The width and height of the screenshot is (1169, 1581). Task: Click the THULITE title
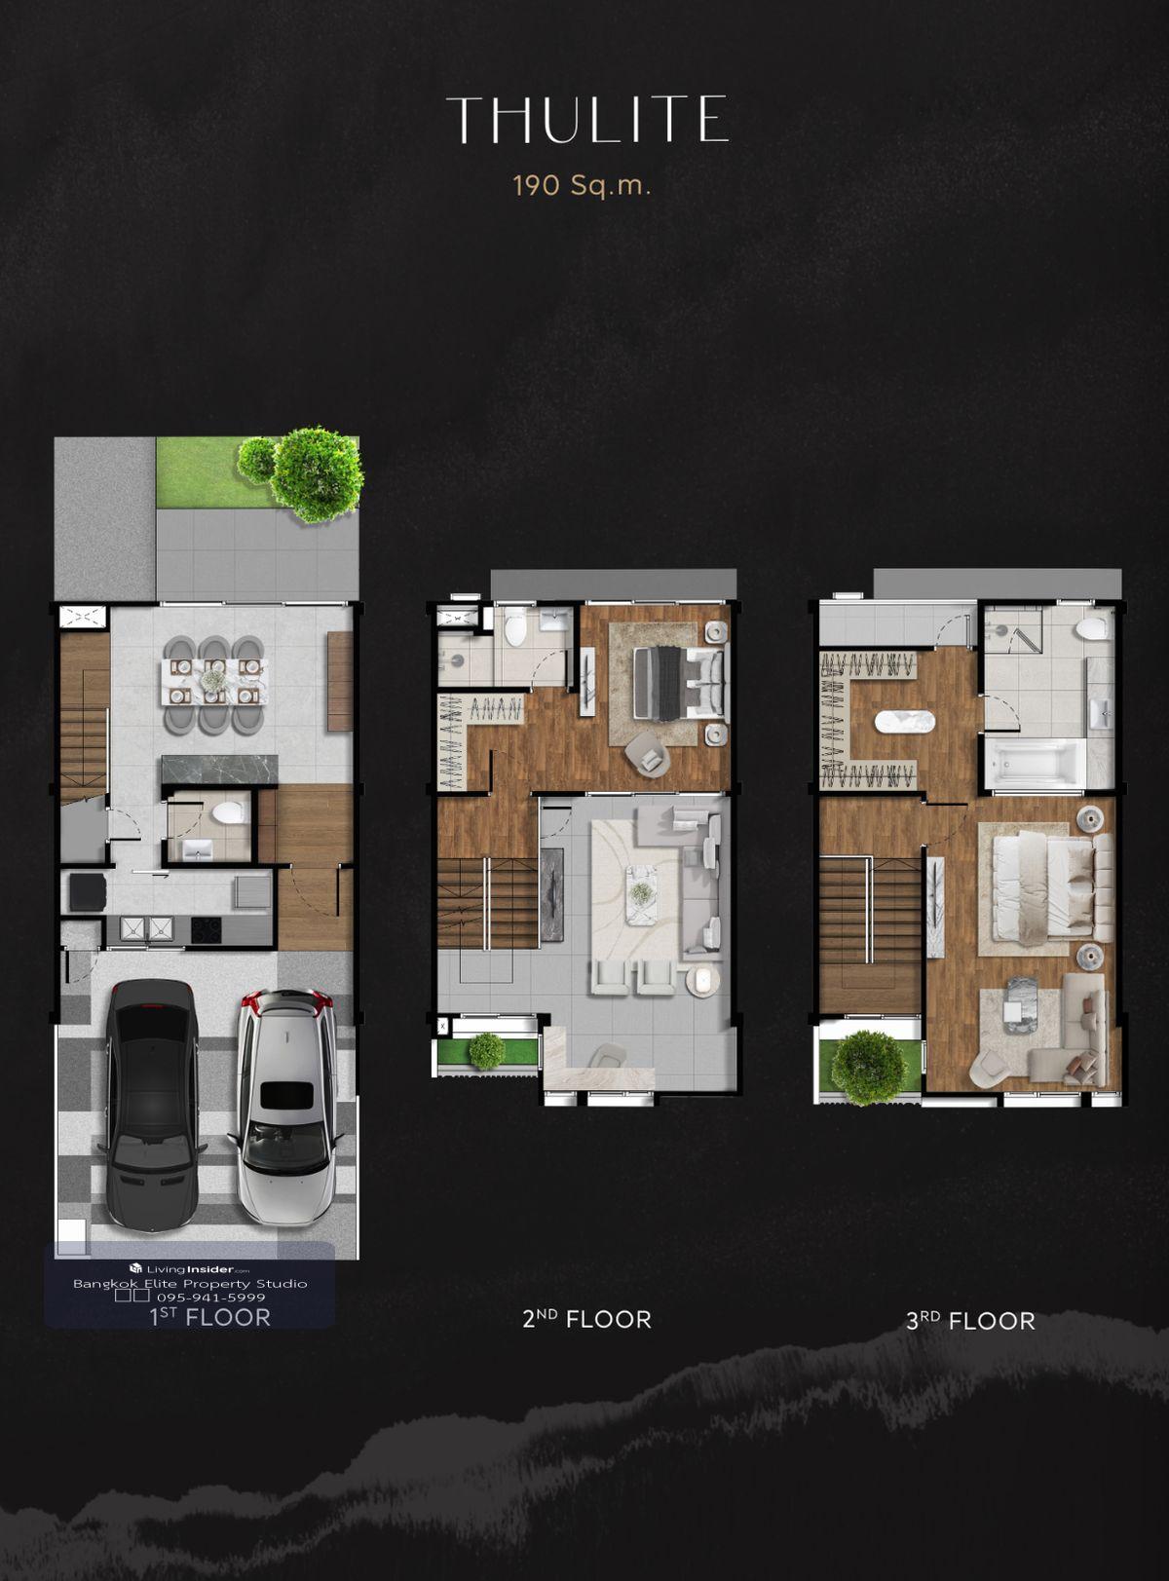587,119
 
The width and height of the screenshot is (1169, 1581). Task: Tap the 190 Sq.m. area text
582,187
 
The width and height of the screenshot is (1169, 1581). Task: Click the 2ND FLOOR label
586,1319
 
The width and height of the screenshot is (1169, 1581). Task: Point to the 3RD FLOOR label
970,1320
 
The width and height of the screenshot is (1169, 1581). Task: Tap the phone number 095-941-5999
211,1298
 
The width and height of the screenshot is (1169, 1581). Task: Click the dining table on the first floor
214,682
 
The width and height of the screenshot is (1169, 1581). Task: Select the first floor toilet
229,811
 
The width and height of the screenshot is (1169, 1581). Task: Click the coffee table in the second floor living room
642,894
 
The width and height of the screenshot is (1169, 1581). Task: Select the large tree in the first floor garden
317,474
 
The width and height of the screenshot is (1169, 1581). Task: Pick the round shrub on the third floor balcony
869,1068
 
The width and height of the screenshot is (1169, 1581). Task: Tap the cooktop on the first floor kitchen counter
206,928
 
